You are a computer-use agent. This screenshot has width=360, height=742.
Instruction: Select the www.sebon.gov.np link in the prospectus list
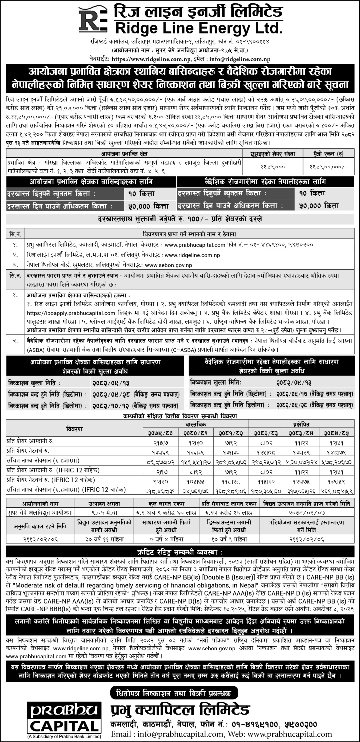[x=169, y=265]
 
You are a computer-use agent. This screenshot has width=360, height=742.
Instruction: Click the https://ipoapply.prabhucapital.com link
[x=71, y=313]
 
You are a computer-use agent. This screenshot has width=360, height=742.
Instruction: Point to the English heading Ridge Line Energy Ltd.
[x=199, y=29]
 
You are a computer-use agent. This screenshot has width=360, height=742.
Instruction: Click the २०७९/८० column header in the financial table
[x=161, y=433]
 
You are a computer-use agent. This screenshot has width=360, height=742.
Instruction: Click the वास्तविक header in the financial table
[x=196, y=424]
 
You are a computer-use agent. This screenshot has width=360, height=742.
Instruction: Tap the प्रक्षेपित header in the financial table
[x=301, y=424]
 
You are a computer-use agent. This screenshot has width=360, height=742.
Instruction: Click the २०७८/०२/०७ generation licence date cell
[x=307, y=512]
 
